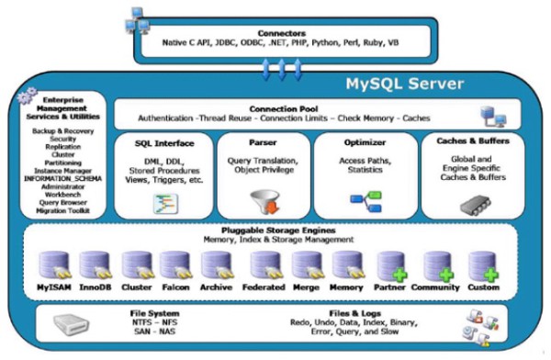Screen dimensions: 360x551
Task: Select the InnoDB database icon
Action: [96, 266]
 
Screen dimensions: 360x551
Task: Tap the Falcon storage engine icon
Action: [175, 266]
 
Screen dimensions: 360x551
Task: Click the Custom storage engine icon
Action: [482, 266]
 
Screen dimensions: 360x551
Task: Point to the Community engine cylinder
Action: [437, 266]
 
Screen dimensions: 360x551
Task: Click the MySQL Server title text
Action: [404, 85]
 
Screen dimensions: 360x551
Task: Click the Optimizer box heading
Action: [360, 142]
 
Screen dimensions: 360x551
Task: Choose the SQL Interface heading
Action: [163, 142]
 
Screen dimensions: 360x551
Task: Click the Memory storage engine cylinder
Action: [346, 266]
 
